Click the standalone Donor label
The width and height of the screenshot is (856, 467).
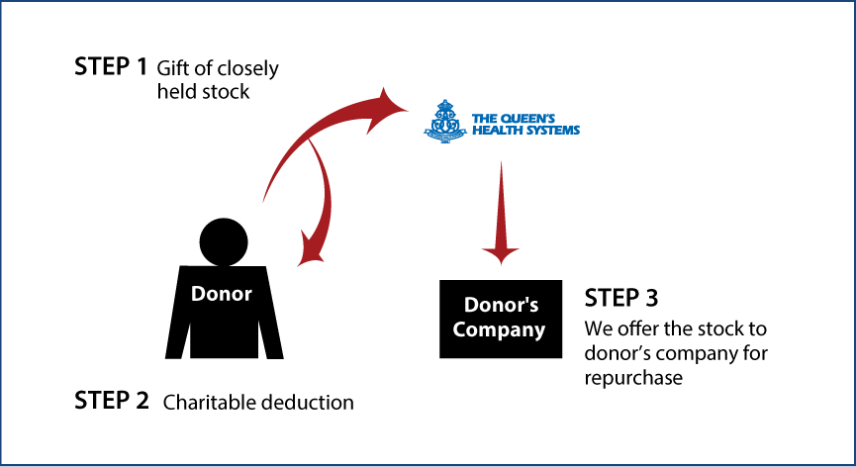pos(221,294)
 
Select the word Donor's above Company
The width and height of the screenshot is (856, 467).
pos(501,305)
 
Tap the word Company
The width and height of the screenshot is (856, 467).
pos(499,329)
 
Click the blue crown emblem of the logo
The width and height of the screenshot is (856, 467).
pos(445,122)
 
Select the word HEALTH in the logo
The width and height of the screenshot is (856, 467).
pos(494,130)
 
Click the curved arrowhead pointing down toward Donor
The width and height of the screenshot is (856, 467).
pos(312,251)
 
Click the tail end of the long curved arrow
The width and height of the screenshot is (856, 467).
pos(264,201)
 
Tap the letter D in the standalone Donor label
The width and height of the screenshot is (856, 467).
pos(198,294)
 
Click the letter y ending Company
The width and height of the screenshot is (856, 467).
pos(539,331)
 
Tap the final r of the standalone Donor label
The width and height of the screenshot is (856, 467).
pos(247,295)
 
